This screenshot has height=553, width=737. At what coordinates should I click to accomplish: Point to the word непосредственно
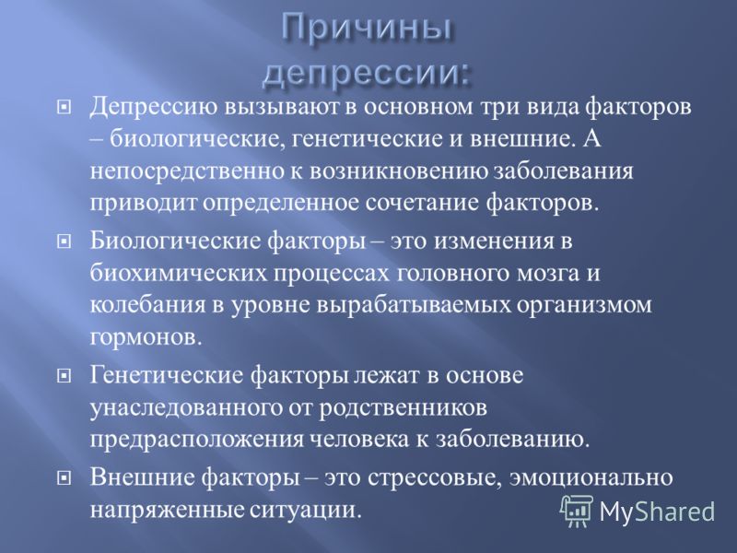click(x=184, y=172)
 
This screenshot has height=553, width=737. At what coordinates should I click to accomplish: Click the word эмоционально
click(x=591, y=478)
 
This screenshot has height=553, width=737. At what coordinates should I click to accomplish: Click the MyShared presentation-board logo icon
click(x=577, y=511)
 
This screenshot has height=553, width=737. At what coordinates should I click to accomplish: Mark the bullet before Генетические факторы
click(x=63, y=376)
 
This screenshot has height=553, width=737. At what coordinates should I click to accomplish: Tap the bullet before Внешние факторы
click(x=63, y=478)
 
